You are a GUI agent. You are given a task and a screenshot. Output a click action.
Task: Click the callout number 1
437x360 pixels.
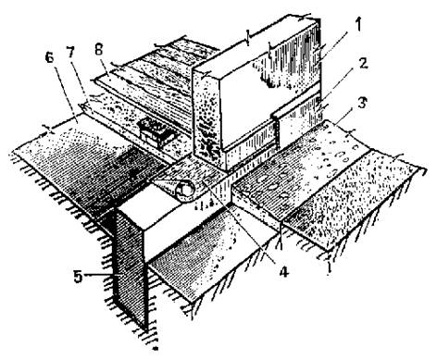pos(357,25)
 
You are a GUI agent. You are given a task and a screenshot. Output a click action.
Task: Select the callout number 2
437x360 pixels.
pos(364,64)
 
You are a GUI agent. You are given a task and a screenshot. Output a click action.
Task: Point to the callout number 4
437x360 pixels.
pos(283,272)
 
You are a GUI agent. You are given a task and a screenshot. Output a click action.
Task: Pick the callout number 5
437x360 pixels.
pos(78,277)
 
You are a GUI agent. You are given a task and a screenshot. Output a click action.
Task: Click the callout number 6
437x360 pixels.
pos(49,58)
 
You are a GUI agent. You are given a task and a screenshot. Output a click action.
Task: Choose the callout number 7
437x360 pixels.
pos(70,53)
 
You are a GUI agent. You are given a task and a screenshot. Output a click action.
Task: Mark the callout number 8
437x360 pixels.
pos(99,49)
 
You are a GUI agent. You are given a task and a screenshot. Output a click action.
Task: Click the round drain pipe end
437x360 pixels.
pos(184,189)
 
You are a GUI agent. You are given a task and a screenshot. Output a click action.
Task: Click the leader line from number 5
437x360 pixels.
pos(100,275)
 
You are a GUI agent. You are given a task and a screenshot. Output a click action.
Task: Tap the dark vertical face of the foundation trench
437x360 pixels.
pos(130,266)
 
